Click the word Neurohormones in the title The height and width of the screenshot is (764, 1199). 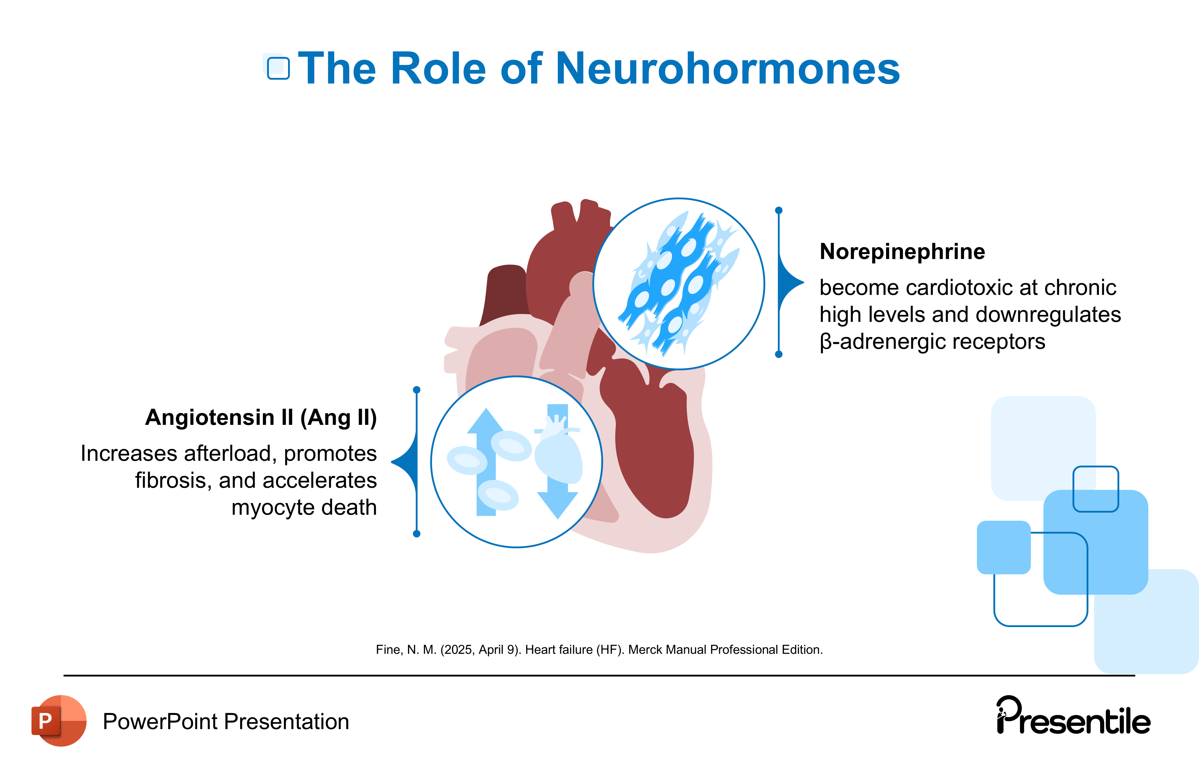click(x=727, y=69)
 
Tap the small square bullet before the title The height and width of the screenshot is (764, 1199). click(x=278, y=68)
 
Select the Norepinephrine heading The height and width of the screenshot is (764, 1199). click(x=902, y=252)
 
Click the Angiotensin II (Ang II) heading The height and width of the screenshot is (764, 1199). click(x=261, y=418)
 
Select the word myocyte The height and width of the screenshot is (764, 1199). click(x=273, y=508)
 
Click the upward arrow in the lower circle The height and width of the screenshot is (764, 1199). click(x=486, y=448)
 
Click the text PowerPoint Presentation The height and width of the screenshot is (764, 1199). click(x=225, y=722)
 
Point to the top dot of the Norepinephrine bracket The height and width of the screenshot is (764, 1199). click(x=779, y=211)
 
